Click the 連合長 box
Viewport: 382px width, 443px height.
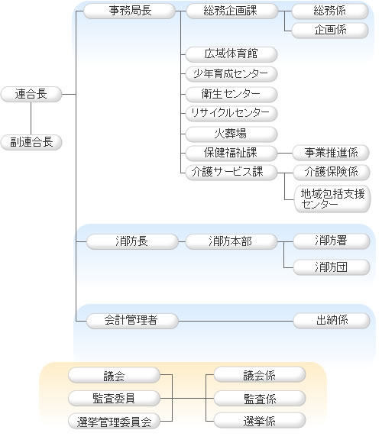(31, 94)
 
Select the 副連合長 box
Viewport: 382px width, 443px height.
(31, 141)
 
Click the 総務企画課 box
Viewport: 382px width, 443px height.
(230, 11)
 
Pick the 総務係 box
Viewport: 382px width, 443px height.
(330, 11)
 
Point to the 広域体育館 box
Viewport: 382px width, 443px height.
(230, 54)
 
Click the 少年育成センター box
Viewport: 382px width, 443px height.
(230, 74)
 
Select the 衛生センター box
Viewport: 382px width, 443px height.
(230, 94)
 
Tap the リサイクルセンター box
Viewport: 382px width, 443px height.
(230, 113)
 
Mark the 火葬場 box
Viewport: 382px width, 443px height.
(230, 133)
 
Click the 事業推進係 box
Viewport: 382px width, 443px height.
(330, 153)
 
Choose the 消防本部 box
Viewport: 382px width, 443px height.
(230, 241)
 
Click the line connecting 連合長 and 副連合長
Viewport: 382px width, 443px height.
(31, 118)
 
